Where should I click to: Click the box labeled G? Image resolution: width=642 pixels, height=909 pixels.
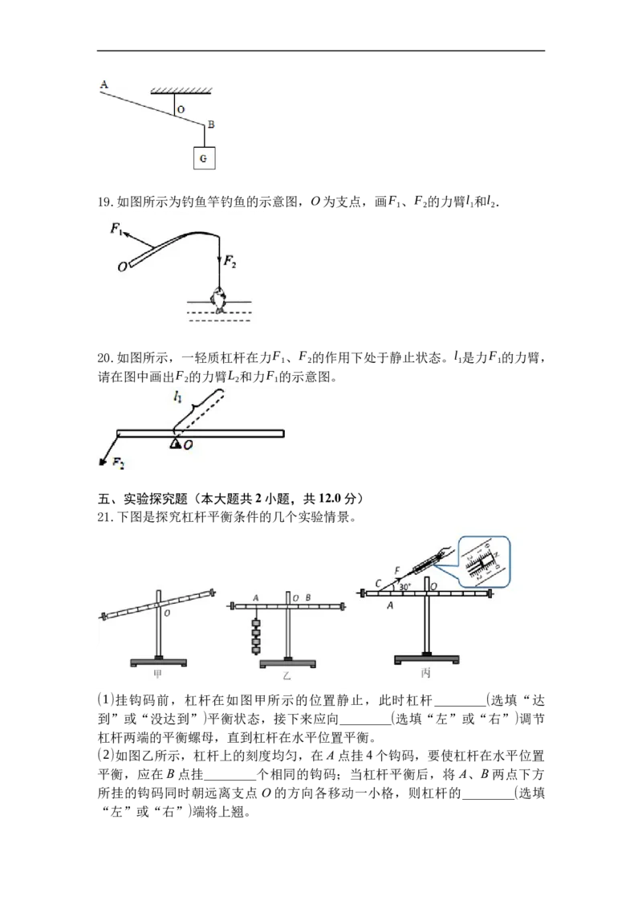coord(204,157)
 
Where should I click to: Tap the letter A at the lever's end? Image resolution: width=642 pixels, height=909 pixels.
coord(104,84)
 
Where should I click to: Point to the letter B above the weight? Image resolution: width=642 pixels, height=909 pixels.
coord(211,124)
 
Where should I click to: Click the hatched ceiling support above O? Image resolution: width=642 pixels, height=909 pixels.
coord(181,91)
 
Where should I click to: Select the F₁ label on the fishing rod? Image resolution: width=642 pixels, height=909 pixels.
coord(116,228)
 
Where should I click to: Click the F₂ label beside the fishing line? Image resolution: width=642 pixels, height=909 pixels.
coord(230,262)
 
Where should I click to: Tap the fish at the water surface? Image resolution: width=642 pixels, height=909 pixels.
coord(218,300)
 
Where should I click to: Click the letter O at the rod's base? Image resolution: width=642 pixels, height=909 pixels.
coord(122,267)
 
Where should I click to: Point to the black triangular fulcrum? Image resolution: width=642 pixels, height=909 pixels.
coord(174,443)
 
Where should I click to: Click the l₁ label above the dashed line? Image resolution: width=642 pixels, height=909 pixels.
coord(177,397)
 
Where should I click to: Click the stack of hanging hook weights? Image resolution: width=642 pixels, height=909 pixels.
coord(255,636)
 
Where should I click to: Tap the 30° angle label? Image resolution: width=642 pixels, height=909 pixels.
coord(404,586)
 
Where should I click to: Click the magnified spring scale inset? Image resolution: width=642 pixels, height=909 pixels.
coord(485,562)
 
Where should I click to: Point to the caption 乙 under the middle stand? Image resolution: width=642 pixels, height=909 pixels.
coord(286,676)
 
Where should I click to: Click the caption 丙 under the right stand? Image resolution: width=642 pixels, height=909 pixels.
coord(426,673)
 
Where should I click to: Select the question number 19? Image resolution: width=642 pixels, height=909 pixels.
coord(104,202)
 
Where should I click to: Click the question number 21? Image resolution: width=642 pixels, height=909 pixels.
coord(104,517)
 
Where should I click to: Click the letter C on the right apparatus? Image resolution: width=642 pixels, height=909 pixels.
coord(378,583)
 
